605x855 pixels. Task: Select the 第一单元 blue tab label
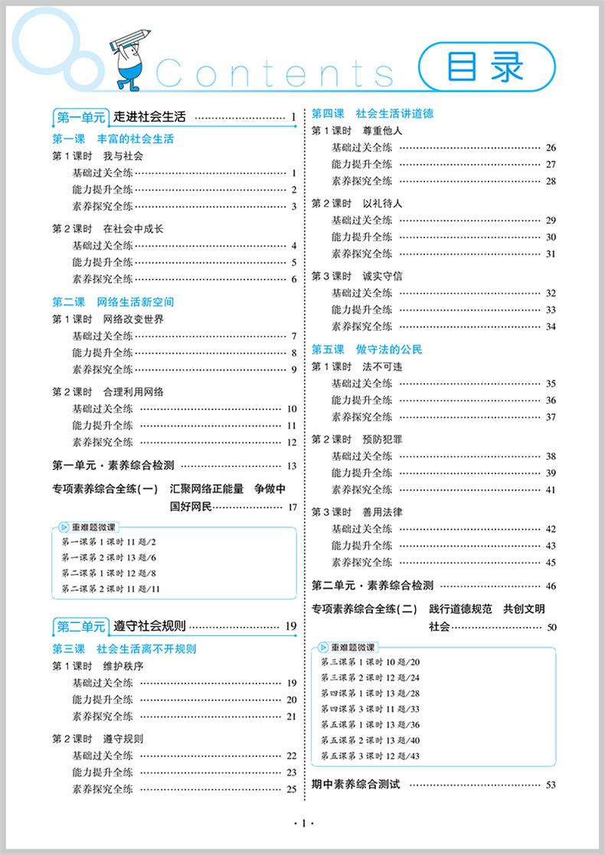[80, 117]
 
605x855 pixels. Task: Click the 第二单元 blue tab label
[80, 627]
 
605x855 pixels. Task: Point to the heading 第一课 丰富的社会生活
[113, 139]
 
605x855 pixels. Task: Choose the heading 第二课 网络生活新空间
[113, 302]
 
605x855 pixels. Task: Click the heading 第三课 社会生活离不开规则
[124, 648]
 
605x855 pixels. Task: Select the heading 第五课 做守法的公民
[367, 349]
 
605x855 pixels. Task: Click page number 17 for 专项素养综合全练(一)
[292, 507]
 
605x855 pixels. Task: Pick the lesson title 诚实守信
[382, 276]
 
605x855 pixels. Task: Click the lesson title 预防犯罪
[382, 439]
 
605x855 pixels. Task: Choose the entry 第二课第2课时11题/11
[109, 588]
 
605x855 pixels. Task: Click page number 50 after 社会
[551, 628]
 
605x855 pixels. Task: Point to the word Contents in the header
[276, 73]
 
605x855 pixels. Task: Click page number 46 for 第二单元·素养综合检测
[551, 586]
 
